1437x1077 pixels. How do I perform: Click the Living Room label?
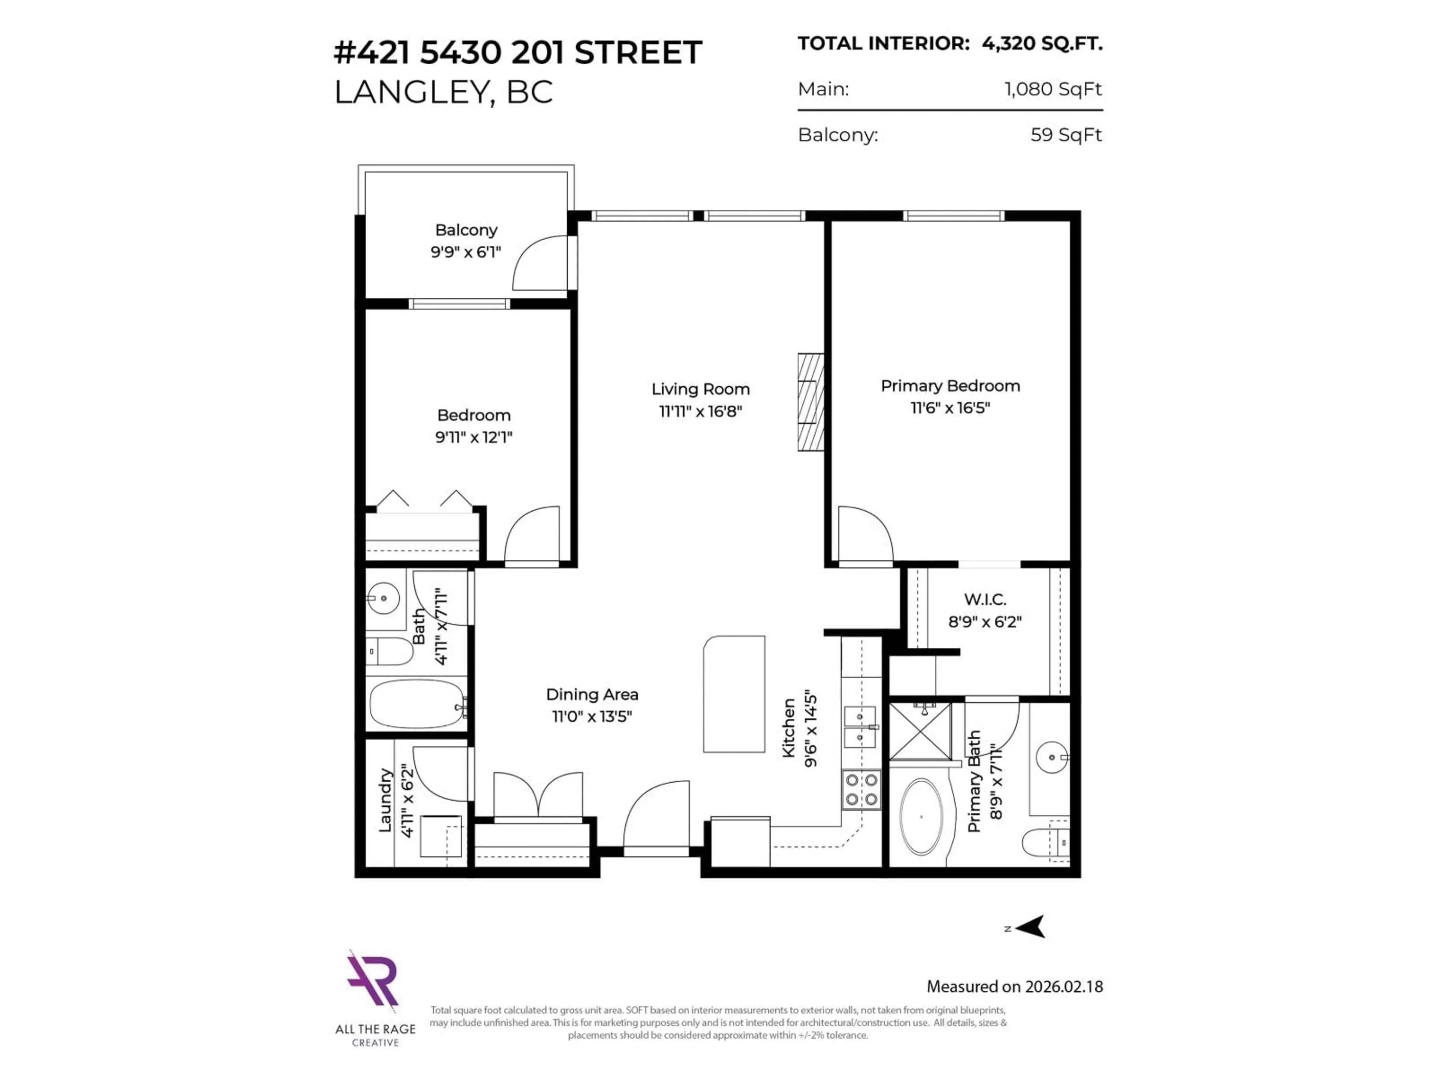(x=700, y=390)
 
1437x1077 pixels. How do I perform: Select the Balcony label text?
(x=466, y=230)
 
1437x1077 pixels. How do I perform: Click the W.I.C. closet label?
(x=985, y=599)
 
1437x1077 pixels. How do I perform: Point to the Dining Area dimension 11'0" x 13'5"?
(x=592, y=717)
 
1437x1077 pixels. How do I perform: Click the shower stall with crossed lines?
(x=920, y=731)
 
